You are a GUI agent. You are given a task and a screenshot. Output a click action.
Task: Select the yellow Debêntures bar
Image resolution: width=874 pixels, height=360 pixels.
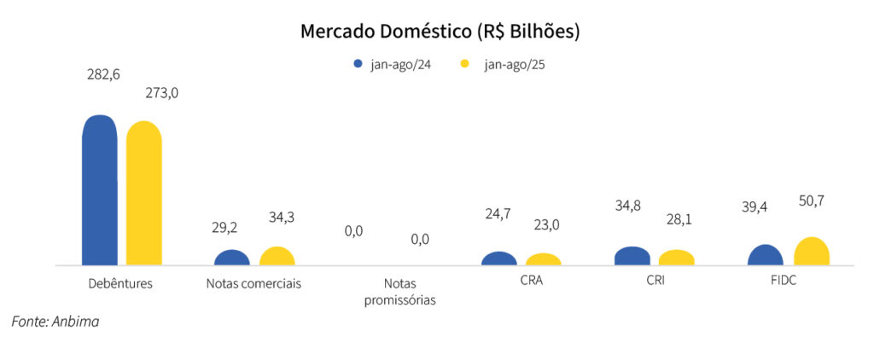click(143, 194)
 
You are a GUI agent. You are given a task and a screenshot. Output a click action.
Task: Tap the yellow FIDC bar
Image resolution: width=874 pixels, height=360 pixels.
click(811, 252)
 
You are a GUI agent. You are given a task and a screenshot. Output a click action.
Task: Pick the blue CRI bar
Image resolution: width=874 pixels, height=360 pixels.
click(632, 256)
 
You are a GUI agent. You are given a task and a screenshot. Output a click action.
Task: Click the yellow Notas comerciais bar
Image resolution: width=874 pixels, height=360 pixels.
click(277, 256)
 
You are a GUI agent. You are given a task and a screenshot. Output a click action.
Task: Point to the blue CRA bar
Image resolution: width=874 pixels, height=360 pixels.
click(498, 258)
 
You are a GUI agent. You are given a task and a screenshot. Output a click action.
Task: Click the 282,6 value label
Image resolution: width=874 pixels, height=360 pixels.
click(103, 75)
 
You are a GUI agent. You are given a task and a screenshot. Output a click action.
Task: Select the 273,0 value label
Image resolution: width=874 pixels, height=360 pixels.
click(161, 93)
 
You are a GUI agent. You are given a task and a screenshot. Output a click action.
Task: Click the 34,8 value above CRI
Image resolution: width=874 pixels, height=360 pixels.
click(629, 206)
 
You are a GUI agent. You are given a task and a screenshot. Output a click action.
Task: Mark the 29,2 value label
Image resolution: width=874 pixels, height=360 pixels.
click(226, 228)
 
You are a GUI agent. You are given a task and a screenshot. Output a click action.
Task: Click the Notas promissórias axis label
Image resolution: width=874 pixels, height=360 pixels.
click(399, 291)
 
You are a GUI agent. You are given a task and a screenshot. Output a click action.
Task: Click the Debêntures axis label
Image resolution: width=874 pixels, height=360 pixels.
click(120, 282)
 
